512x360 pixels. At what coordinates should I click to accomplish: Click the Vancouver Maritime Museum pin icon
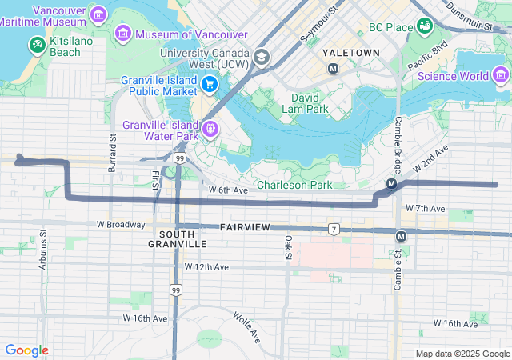[98, 14]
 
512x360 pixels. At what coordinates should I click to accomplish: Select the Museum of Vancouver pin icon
[123, 34]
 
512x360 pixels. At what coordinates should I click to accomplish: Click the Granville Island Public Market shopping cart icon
[209, 84]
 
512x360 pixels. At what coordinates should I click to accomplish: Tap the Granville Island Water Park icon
[210, 127]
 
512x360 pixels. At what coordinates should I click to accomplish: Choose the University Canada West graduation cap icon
[261, 57]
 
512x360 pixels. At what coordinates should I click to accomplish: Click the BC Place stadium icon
[425, 26]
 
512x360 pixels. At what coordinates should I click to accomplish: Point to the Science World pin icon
[501, 76]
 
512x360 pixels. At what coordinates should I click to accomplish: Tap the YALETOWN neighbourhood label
[350, 52]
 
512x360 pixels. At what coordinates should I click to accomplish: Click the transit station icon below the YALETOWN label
[333, 68]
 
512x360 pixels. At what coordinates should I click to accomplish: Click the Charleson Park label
[300, 185]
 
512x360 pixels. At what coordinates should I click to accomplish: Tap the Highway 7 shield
[334, 230]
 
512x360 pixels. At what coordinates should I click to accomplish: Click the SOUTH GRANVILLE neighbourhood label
[178, 238]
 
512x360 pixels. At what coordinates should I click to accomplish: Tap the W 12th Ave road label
[206, 266]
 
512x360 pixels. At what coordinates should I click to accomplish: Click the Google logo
[26, 350]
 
